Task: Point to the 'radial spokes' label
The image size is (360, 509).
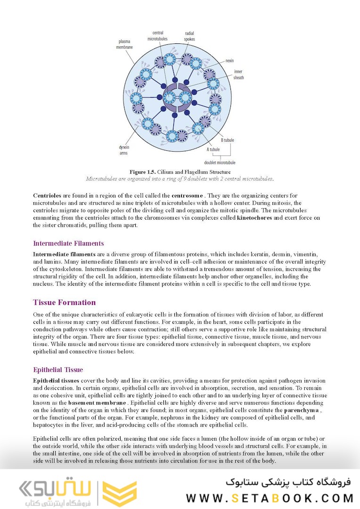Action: pyautogui.click(x=189, y=36)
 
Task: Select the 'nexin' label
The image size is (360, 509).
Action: pyautogui.click(x=229, y=61)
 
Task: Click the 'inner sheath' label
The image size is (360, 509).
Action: pyautogui.click(x=238, y=75)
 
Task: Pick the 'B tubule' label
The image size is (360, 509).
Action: pyautogui.click(x=227, y=140)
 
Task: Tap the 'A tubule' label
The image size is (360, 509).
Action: pyautogui.click(x=213, y=149)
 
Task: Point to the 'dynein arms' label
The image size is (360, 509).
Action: pyautogui.click(x=124, y=150)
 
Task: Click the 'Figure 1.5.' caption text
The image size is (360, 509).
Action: pyautogui.click(x=143, y=172)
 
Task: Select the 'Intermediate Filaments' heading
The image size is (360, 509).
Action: pyautogui.click(x=68, y=244)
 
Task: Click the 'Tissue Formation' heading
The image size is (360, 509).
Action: pyautogui.click(x=64, y=303)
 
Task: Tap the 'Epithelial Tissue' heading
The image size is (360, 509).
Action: pyautogui.click(x=58, y=370)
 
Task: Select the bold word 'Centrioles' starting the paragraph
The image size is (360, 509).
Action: pyautogui.click(x=47, y=195)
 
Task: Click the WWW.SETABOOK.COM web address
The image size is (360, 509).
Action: pyautogui.click(x=270, y=498)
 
